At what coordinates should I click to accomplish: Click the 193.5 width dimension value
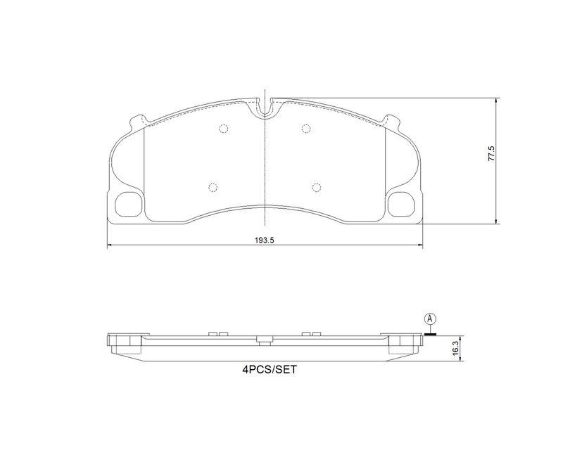point(265,240)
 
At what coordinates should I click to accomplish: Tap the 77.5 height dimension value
point(491,153)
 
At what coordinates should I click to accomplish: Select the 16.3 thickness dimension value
point(455,349)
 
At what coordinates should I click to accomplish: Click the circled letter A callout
point(430,319)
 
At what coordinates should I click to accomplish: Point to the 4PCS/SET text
point(270,370)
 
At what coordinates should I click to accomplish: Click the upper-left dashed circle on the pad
point(224,129)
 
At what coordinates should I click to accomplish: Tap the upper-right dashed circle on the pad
point(306,129)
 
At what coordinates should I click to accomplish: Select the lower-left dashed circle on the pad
point(213,187)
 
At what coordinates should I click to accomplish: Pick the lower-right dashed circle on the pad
point(316,187)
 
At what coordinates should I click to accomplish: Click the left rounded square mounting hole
point(128,204)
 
